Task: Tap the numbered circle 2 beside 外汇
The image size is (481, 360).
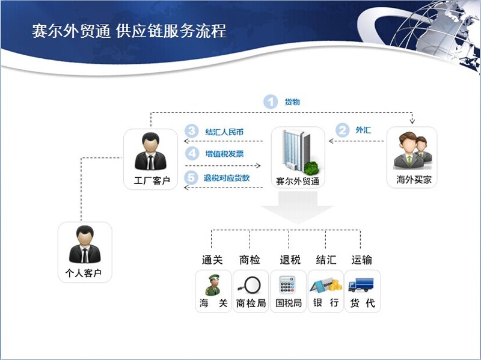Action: [x=342, y=129]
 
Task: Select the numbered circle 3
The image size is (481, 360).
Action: [x=192, y=131]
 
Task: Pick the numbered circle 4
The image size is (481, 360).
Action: [x=192, y=154]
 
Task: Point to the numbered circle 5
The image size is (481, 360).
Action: [x=192, y=177]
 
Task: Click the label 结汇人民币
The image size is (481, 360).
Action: [x=224, y=132]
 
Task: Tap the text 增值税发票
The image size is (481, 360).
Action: [x=224, y=154]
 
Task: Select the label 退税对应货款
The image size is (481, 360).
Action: [x=227, y=178]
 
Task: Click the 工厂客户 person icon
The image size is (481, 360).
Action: [x=150, y=151]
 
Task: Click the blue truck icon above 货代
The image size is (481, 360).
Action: [x=362, y=284]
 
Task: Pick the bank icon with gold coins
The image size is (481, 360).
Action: [x=325, y=284]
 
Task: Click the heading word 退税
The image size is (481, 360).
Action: [x=290, y=260]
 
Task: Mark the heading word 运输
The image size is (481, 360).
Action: [x=362, y=260]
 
